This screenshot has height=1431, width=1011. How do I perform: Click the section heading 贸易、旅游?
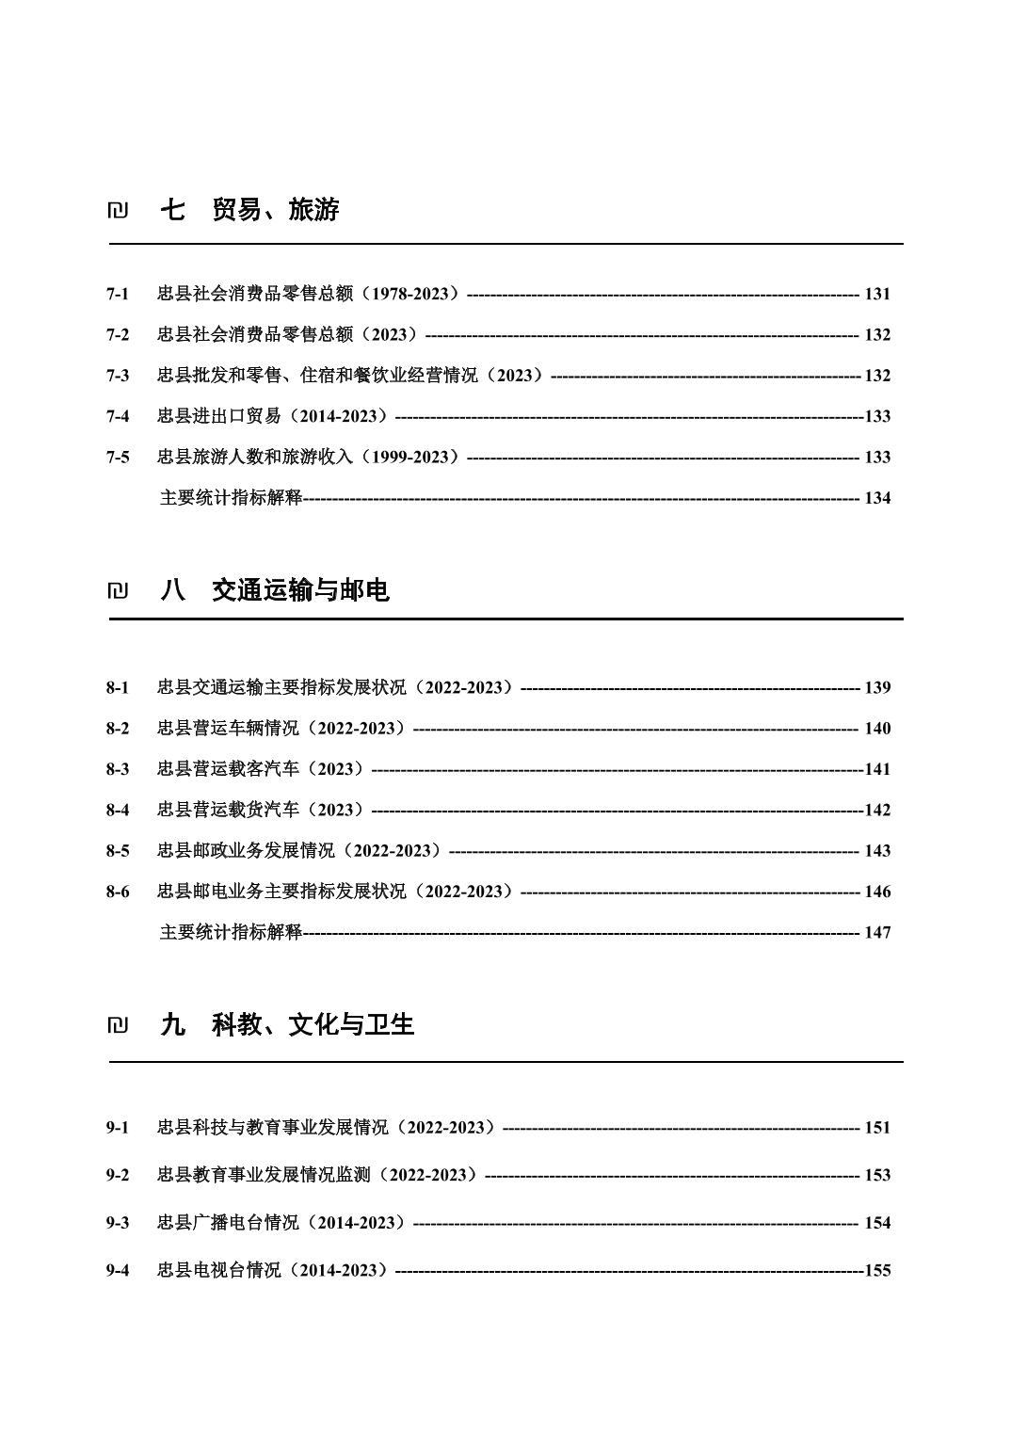pyautogui.click(x=275, y=210)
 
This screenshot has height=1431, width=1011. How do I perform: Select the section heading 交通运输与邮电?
pyautogui.click(x=300, y=590)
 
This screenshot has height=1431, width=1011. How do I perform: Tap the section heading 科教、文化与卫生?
pyautogui.click(x=313, y=1024)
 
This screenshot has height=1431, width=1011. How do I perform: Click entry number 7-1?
pyautogui.click(x=118, y=294)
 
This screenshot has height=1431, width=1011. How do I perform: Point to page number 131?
pyautogui.click(x=877, y=294)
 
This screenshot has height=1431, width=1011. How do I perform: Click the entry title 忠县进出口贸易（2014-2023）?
pyautogui.click(x=273, y=416)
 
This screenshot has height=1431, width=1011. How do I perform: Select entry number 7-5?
pyautogui.click(x=118, y=458)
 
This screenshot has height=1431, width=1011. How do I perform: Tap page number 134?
pyautogui.click(x=877, y=498)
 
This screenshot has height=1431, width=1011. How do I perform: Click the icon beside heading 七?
pyautogui.click(x=118, y=211)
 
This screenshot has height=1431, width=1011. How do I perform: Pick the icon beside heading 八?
pyautogui.click(x=118, y=591)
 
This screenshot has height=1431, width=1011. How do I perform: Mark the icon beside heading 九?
pyautogui.click(x=118, y=1025)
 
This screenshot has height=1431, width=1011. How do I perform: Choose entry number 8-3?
pyautogui.click(x=118, y=769)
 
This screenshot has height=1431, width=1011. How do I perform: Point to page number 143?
pyautogui.click(x=877, y=851)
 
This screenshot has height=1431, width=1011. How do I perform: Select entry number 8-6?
pyautogui.click(x=118, y=892)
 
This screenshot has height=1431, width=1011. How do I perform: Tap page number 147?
pyautogui.click(x=877, y=932)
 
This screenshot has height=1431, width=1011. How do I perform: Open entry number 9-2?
pyautogui.click(x=118, y=1175)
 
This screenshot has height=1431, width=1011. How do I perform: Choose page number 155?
pyautogui.click(x=877, y=1270)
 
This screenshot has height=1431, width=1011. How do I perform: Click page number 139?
pyautogui.click(x=877, y=687)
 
